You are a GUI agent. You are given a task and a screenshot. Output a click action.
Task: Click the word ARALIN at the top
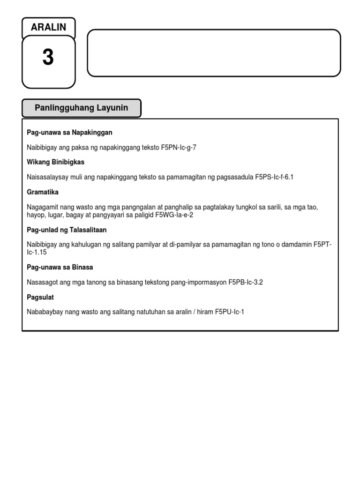coord(48,27)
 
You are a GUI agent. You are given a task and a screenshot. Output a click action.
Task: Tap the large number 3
coord(48,58)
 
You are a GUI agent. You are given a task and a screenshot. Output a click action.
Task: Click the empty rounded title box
coord(214,52)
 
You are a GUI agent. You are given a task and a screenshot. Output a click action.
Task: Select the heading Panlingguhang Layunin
coord(81,108)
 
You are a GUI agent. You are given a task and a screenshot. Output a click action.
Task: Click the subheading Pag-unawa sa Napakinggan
coord(69,133)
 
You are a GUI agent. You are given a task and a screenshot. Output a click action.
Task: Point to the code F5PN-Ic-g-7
coord(179,147)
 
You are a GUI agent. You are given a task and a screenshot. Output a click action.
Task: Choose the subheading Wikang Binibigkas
coord(56,162)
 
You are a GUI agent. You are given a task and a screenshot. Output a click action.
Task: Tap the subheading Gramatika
coord(43,192)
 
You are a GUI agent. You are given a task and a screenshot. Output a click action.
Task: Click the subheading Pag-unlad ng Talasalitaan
coord(67,230)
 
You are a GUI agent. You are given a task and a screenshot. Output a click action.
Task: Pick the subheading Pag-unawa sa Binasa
coord(60,267)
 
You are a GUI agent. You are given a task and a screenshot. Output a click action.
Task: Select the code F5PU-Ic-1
coord(230,312)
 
